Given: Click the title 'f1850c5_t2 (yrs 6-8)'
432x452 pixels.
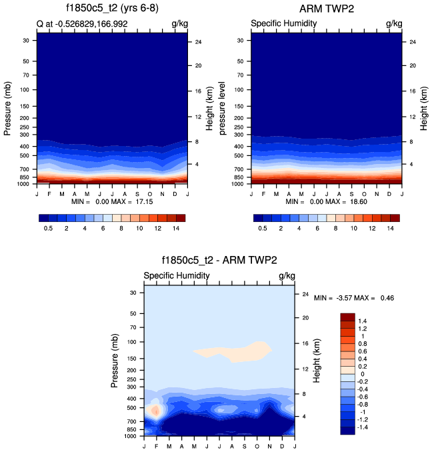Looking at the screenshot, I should [x=111, y=9].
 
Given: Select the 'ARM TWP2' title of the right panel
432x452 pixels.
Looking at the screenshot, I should [x=327, y=9].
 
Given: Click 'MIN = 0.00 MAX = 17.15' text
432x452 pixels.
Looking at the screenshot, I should [x=111, y=201].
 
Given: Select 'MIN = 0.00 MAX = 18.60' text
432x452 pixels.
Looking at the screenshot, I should [x=327, y=201].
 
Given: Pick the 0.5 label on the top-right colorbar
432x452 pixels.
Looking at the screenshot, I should [x=263, y=228].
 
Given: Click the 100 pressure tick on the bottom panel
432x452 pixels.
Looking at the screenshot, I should [x=132, y=342].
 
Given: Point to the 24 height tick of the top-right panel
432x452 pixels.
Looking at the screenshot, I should [x=412, y=42].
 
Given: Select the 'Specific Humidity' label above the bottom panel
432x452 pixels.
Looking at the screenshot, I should [x=177, y=275].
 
